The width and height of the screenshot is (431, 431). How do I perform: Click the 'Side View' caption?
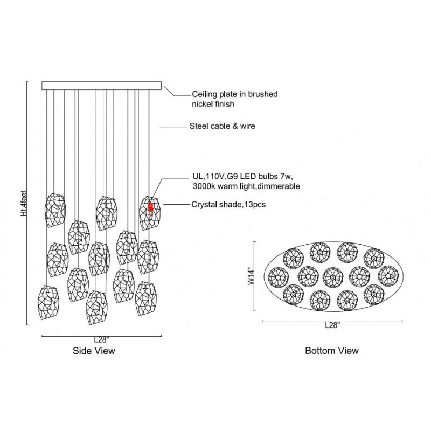point(94,350)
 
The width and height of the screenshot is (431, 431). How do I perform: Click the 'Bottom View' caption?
point(332,350)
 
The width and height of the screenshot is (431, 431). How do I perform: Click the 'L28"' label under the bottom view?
point(332,326)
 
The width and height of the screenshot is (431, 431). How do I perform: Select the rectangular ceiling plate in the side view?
point(101,85)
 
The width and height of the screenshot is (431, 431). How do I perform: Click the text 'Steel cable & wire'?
point(222,127)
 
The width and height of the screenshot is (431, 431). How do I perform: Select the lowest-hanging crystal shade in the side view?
point(96,308)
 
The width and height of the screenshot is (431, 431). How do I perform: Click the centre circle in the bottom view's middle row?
point(332,276)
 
